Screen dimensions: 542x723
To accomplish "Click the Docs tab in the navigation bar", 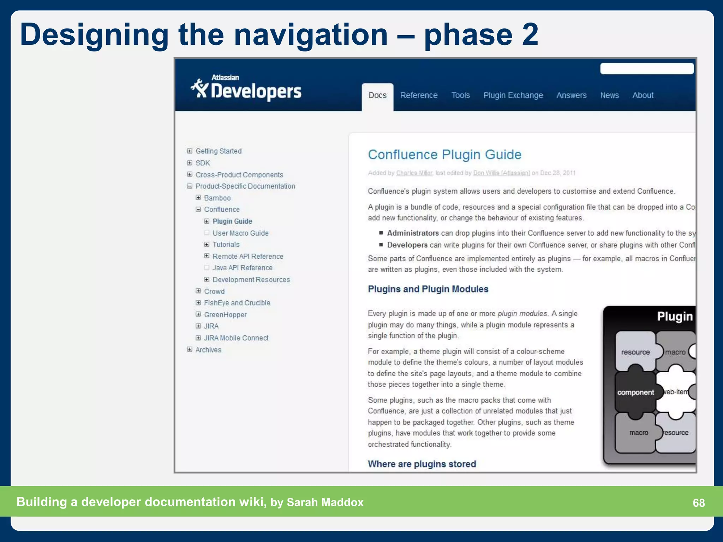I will tap(377, 95).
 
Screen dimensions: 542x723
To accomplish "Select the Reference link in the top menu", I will tap(419, 95).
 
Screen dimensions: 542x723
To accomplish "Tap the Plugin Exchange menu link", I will tap(513, 95).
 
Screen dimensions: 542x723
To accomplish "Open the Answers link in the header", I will tap(571, 95).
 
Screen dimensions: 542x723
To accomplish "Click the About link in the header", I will tap(643, 95).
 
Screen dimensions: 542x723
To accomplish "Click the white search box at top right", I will tap(647, 68).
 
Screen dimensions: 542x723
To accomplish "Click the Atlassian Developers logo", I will tap(246, 88).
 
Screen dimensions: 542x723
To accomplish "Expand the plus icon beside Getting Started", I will tap(190, 151).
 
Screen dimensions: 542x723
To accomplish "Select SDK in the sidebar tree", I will tap(203, 163).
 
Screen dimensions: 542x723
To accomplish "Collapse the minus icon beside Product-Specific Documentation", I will tap(190, 186).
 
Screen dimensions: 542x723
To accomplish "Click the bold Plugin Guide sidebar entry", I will tap(232, 221).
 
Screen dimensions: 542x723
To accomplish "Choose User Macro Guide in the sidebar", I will tap(240, 233).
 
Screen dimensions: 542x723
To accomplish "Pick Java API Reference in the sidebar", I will tap(242, 268).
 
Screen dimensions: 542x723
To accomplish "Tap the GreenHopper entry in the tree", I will tap(225, 315).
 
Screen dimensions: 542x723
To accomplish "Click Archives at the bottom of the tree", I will tap(208, 350).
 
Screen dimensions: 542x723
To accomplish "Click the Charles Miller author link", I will tap(414, 173).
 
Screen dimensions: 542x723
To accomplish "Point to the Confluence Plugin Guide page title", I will tap(444, 155).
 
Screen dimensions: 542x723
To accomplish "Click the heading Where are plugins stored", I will tap(422, 464).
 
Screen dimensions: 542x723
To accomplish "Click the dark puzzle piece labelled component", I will tap(635, 392).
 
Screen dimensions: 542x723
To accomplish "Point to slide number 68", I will tap(699, 502).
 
